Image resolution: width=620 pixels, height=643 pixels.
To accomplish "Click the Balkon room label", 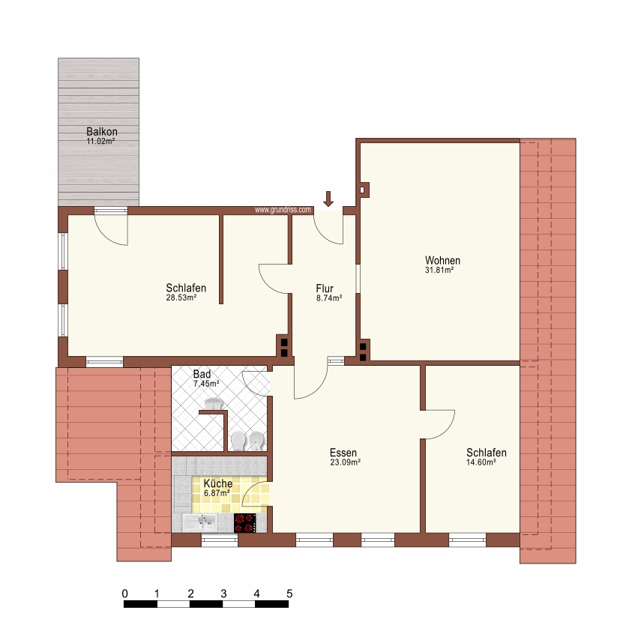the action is [102, 132].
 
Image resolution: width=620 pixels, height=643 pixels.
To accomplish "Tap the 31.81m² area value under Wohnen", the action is [439, 271].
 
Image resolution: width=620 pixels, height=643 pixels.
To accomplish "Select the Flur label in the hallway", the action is [325, 289].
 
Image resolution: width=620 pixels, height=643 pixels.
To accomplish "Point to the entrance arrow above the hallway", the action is [328, 199].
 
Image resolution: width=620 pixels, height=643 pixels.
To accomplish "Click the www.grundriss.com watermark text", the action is [283, 210].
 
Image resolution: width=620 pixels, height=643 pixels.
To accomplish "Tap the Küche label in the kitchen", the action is [218, 483].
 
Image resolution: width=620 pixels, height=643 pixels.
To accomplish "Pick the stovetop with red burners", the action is [245, 523].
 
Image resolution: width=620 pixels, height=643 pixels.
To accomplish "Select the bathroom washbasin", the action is [214, 403].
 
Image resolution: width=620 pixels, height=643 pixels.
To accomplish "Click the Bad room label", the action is [202, 374].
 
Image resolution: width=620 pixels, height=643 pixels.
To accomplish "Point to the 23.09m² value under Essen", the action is [345, 462].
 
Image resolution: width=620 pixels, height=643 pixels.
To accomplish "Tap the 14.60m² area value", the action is [481, 462].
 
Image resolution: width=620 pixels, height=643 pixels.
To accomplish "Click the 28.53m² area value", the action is [181, 298].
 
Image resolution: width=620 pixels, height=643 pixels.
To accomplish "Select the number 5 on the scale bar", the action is [289, 594].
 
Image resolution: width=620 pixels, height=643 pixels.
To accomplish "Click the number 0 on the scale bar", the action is [124, 594].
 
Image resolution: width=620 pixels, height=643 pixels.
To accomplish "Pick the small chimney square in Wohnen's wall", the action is [363, 190].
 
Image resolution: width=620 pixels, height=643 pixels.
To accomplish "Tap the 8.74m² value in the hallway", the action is [329, 298].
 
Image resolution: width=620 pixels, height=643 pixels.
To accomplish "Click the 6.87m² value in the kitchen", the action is [216, 493].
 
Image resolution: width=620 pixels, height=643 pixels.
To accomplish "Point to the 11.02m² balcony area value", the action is [100, 142].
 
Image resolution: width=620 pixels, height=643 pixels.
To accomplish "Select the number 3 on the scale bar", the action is [223, 594].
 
